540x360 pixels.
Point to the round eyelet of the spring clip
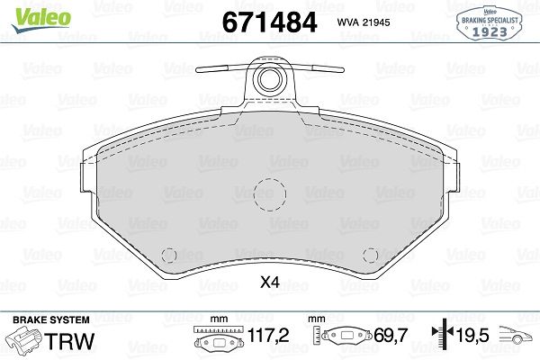[x=269, y=80]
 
